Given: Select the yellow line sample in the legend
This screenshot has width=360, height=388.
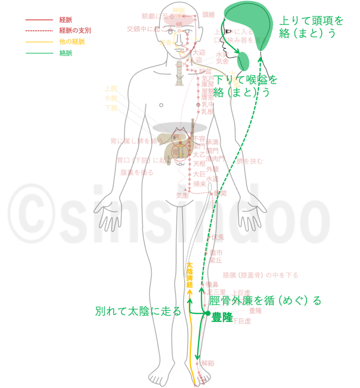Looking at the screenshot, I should (39, 42).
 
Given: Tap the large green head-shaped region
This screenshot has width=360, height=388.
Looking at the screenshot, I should (248, 23).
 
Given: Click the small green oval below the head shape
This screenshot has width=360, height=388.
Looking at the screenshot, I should (243, 61).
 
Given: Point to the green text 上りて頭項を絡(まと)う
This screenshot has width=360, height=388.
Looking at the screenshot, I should (311, 27).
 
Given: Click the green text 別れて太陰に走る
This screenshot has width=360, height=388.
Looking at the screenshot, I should (138, 311).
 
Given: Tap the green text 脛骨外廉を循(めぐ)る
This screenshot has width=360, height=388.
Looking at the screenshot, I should (265, 301).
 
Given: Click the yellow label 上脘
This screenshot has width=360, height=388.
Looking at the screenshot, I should (111, 89).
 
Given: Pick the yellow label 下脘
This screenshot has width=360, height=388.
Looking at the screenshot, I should (111, 108).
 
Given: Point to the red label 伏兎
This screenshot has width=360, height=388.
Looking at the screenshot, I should (218, 238).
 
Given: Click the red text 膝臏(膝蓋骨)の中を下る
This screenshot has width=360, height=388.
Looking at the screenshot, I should (260, 275).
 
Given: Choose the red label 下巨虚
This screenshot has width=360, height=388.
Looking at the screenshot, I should (242, 321).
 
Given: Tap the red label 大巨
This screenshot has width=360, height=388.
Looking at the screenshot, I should (199, 174).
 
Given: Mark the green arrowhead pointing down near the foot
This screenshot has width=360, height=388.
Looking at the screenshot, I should (197, 357).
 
